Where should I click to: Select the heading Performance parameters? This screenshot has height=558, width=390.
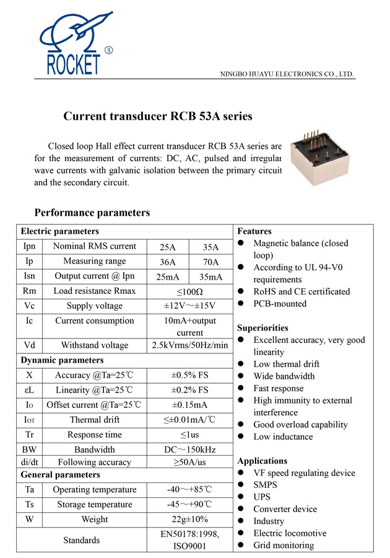[92, 213]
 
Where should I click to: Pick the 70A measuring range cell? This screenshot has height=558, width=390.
[211, 262]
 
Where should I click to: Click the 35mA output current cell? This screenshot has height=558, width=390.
[211, 277]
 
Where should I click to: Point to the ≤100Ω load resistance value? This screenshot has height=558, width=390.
[189, 291]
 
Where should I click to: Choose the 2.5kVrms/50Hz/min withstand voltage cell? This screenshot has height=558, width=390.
[189, 345]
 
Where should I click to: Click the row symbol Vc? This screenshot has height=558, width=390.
[30, 306]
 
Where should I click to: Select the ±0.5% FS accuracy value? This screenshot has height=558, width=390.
[189, 375]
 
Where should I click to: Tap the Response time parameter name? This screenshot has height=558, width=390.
[94, 435]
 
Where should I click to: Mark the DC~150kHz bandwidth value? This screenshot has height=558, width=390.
[189, 449]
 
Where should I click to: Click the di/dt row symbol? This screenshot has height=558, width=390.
[30, 462]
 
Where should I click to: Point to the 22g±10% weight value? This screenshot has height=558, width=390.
[189, 519]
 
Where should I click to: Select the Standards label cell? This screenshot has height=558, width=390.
[82, 540]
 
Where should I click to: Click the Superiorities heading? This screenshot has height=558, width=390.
[262, 327]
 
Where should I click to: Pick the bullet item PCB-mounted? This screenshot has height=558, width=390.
[280, 304]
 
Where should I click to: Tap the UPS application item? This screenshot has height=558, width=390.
[263, 497]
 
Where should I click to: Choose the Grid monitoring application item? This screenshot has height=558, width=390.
[284, 546]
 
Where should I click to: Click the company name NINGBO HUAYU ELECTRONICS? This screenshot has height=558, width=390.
[287, 74]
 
